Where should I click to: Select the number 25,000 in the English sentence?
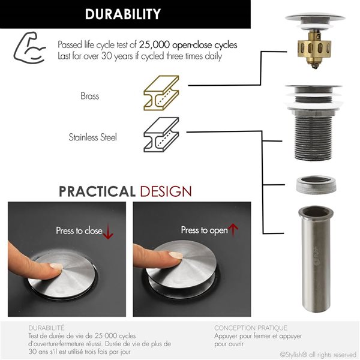pyautogui.click(x=155, y=45)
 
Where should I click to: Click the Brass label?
pyautogui.click(x=89, y=95)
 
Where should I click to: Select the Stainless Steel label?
pyautogui.click(x=92, y=137)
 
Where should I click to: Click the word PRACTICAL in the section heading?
pyautogui.click(x=97, y=191)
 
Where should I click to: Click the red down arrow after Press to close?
pyautogui.click(x=108, y=233)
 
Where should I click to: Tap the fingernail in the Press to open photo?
pyautogui.click(x=175, y=256)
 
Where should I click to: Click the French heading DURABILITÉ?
pyautogui.click(x=47, y=328)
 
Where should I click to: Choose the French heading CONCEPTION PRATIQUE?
pyautogui.click(x=250, y=328)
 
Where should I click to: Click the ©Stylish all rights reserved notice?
pyautogui.click(x=318, y=354)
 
